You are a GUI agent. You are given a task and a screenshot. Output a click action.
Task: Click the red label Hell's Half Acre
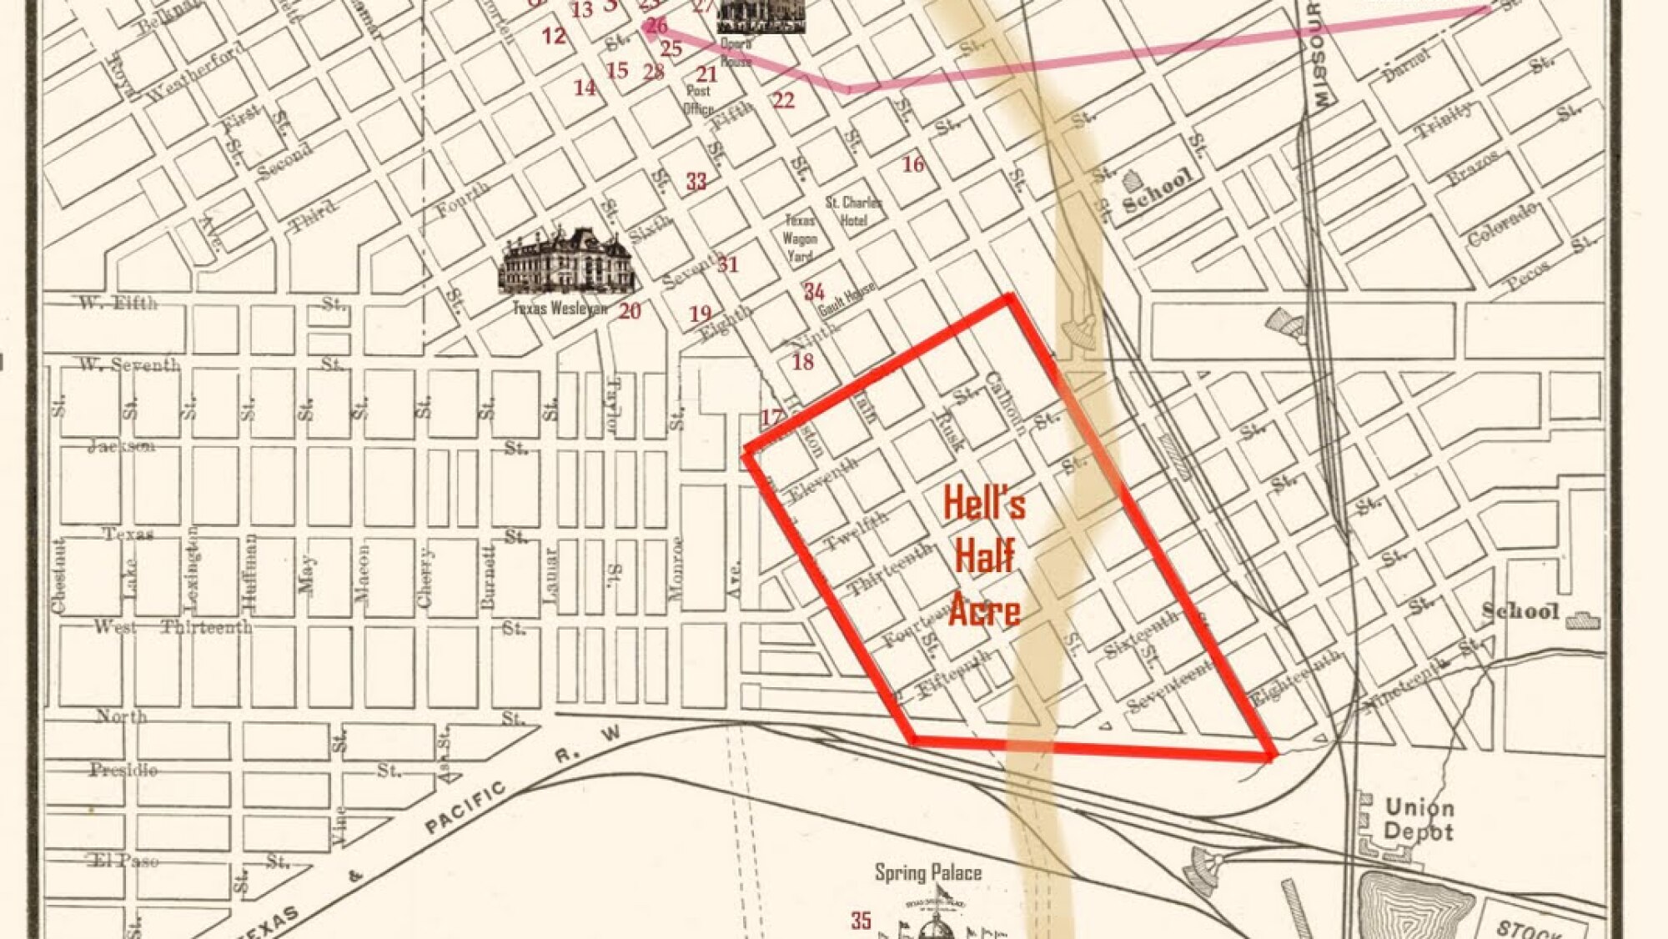984,556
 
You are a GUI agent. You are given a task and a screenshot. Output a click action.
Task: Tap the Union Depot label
1419,819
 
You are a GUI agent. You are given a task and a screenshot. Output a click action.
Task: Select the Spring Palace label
927,873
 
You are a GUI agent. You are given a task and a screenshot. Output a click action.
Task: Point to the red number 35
862,921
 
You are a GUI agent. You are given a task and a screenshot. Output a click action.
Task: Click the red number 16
913,163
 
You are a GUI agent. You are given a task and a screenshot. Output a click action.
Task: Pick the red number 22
782,100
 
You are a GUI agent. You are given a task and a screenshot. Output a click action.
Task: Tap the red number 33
696,181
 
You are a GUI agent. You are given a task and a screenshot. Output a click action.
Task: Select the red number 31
728,264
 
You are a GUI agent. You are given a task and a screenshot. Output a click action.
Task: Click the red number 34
814,291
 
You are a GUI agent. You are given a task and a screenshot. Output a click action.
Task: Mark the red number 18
802,361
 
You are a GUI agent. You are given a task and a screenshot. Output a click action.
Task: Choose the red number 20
630,311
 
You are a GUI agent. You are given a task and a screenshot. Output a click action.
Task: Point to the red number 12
554,36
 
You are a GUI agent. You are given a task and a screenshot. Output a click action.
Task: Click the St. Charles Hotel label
853,211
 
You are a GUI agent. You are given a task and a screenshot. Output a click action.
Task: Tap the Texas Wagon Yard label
800,239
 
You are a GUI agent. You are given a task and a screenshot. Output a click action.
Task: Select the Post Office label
699,99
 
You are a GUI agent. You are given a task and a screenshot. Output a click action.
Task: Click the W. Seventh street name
129,364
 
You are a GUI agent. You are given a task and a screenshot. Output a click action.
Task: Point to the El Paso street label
125,860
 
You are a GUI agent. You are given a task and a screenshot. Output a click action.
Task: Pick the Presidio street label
123,769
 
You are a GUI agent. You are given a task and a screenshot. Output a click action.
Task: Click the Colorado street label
1502,223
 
